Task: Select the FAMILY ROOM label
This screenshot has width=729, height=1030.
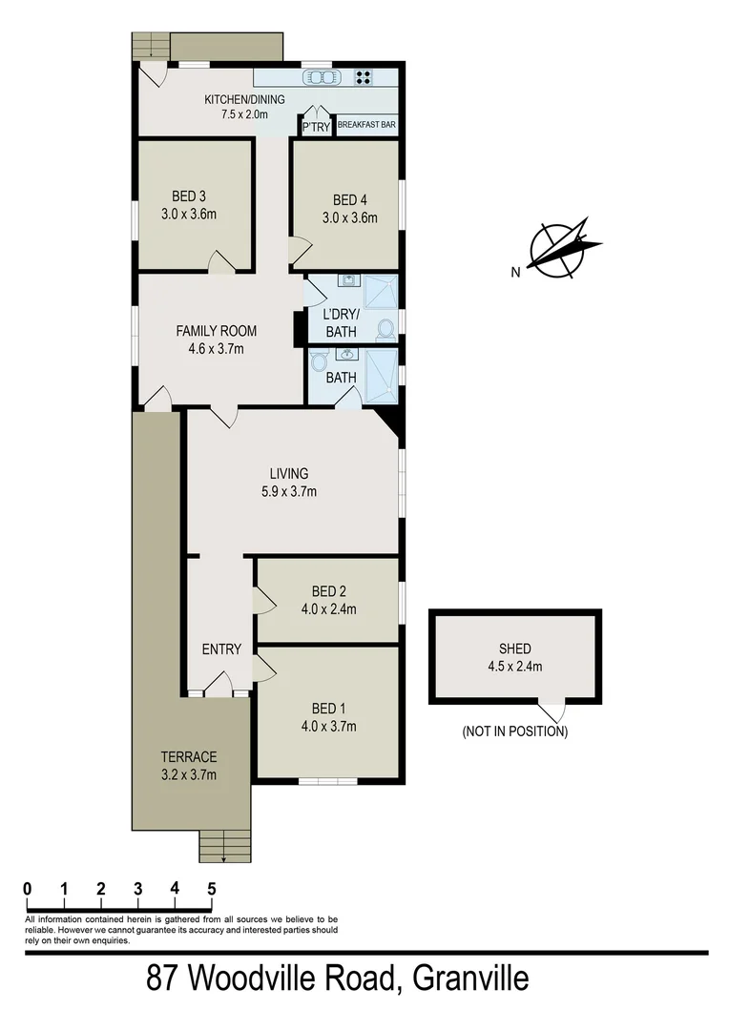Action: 216,331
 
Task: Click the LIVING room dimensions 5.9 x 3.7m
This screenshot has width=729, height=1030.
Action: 288,492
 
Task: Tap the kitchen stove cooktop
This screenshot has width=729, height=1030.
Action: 364,78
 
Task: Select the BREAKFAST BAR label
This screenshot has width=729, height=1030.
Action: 366,125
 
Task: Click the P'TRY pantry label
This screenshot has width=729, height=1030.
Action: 315,126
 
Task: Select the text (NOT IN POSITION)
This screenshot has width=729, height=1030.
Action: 514,732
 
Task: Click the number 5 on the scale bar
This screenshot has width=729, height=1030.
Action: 211,888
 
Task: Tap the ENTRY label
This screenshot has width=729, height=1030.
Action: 221,649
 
